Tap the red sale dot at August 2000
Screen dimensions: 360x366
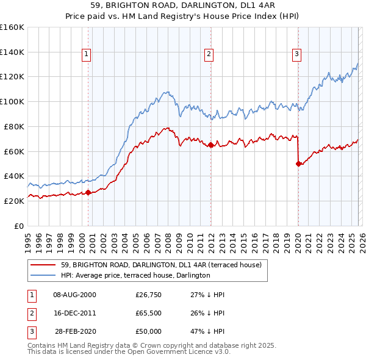(88, 192)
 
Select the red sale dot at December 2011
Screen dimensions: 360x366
(210, 145)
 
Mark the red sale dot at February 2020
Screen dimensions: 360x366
(298, 164)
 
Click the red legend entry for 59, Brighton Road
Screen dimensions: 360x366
(161, 265)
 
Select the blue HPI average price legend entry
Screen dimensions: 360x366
(135, 275)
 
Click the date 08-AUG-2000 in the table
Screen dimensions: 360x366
(74, 295)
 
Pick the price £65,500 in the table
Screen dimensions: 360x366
(148, 313)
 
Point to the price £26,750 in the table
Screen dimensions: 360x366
(148, 295)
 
